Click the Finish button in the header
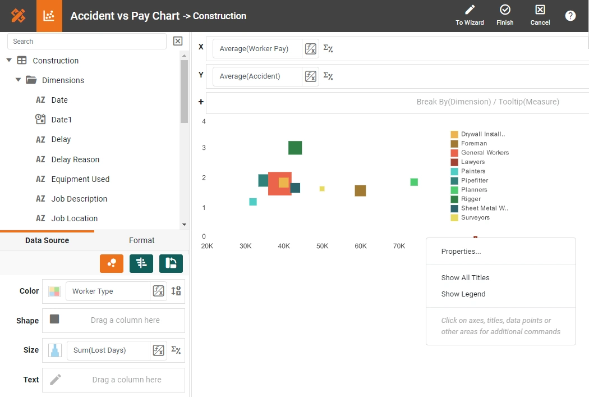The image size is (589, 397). pyautogui.click(x=505, y=15)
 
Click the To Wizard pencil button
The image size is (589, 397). pyautogui.click(x=470, y=15)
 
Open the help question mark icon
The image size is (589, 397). pyautogui.click(x=570, y=16)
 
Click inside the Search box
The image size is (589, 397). pyautogui.click(x=87, y=41)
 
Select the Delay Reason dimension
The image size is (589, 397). pyautogui.click(x=75, y=159)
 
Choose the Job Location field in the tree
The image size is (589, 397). pyautogui.click(x=74, y=218)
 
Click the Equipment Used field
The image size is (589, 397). pyautogui.click(x=80, y=179)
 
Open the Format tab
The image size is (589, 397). pyautogui.click(x=141, y=240)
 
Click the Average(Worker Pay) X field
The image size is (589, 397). pyautogui.click(x=257, y=49)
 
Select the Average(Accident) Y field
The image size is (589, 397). pyautogui.click(x=257, y=76)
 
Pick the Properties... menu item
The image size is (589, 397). pyautogui.click(x=461, y=252)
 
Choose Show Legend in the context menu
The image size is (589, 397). pyautogui.click(x=463, y=294)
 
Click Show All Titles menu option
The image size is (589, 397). pyautogui.click(x=465, y=278)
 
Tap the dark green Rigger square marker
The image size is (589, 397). pyautogui.click(x=295, y=148)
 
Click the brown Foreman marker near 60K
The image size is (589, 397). pyautogui.click(x=360, y=191)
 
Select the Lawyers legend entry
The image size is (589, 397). pyautogui.click(x=472, y=162)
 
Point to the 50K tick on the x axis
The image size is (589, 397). pyautogui.click(x=322, y=246)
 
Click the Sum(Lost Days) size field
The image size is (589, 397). pyautogui.click(x=108, y=350)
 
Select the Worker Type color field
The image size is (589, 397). pyautogui.click(x=107, y=291)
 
